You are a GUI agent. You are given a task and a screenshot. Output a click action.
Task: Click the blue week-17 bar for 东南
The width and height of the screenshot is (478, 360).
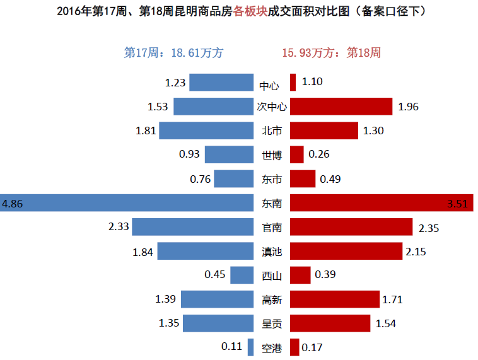[x=127, y=203]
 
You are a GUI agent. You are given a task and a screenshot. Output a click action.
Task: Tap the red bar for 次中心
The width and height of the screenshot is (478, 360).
[x=341, y=107]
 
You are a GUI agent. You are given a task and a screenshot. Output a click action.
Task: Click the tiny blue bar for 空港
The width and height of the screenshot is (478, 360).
[x=250, y=347]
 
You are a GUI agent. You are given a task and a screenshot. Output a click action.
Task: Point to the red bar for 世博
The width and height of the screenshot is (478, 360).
[x=297, y=154]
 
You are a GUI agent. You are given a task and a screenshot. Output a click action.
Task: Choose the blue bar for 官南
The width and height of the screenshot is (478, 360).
[x=192, y=227]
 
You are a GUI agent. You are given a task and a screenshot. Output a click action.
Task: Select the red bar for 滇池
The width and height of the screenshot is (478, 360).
[x=346, y=251]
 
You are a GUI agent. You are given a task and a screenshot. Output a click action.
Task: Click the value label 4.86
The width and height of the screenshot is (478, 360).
[x=13, y=204]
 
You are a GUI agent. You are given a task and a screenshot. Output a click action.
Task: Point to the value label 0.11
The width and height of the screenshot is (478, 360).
[x=231, y=347]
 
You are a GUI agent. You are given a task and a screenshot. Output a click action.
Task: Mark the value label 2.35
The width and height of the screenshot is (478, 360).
[x=429, y=227]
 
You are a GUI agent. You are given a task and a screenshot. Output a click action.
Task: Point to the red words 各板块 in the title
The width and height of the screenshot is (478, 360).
[x=250, y=11]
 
